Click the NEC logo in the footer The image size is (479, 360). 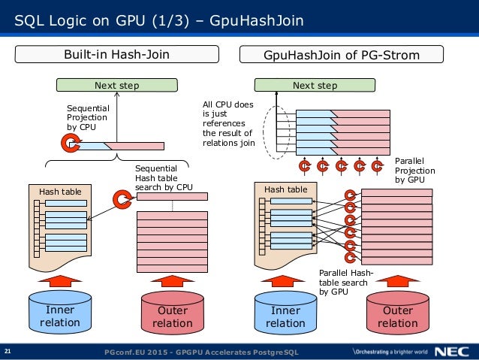point(452,352)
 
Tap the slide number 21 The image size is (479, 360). point(8,351)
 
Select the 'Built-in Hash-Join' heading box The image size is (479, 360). point(116,54)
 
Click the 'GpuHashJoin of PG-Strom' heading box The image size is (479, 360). point(342,54)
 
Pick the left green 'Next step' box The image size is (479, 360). point(116,85)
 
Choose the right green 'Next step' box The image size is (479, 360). point(315,85)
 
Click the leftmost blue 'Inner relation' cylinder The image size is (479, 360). point(60,313)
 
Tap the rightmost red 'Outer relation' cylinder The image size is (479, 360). point(398,313)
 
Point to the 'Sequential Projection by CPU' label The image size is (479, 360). point(88,117)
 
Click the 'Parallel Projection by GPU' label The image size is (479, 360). point(415,171)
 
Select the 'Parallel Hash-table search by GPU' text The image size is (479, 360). point(346,282)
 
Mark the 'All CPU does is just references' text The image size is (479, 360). point(228,113)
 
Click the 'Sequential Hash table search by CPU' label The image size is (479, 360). point(164,177)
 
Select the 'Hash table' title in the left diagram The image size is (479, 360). point(60,192)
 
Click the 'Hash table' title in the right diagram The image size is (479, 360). point(286,189)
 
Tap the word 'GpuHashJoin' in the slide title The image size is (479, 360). point(257,20)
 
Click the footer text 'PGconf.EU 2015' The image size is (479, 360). point(136,352)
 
